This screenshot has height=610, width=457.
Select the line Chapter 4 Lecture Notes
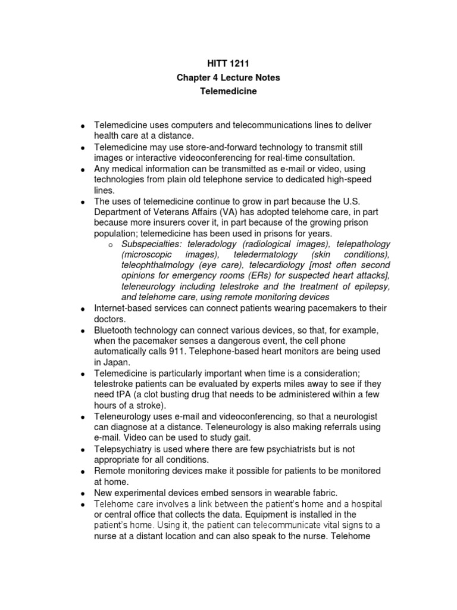[x=228, y=77]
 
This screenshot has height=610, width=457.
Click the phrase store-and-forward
[x=211, y=147]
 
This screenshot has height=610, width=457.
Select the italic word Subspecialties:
[x=152, y=244]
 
